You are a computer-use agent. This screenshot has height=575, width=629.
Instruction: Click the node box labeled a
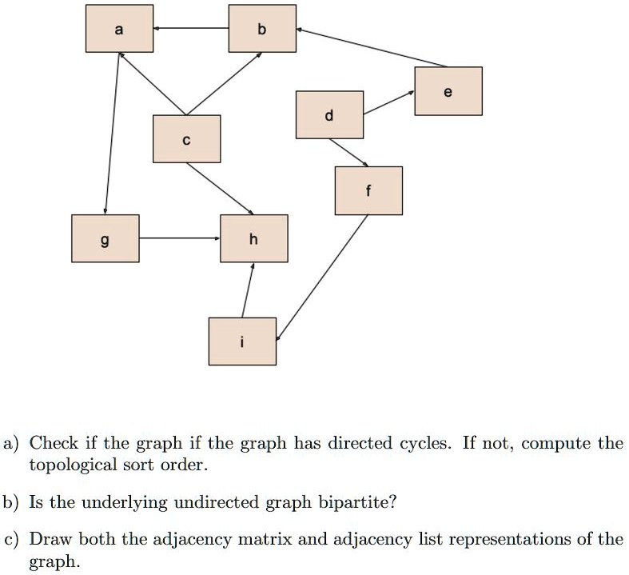click(x=120, y=29)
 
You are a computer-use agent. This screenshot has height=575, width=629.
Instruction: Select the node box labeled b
click(x=262, y=29)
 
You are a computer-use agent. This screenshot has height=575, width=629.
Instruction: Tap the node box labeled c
click(x=186, y=139)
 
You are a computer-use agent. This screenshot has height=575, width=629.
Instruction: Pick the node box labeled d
click(x=330, y=114)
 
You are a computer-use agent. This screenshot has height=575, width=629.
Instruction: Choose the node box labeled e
click(x=448, y=91)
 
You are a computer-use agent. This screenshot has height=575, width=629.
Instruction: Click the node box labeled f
click(x=368, y=190)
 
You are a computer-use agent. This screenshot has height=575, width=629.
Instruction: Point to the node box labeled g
click(x=105, y=238)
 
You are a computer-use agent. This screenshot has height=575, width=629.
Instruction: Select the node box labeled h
click(x=254, y=238)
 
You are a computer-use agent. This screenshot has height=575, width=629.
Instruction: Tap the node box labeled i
click(x=242, y=341)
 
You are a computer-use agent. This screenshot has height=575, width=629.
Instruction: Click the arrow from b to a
click(x=191, y=28)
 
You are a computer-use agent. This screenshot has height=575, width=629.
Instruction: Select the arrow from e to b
click(x=372, y=47)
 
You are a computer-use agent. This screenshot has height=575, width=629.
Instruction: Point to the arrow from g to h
click(x=180, y=238)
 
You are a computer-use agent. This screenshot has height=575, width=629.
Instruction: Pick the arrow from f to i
click(x=322, y=278)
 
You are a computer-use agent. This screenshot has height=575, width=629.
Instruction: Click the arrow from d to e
click(x=388, y=102)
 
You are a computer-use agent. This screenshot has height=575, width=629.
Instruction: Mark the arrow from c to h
click(x=220, y=189)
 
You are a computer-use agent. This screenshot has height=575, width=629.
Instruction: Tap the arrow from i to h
click(x=248, y=290)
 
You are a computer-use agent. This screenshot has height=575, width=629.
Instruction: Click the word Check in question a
click(x=54, y=443)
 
